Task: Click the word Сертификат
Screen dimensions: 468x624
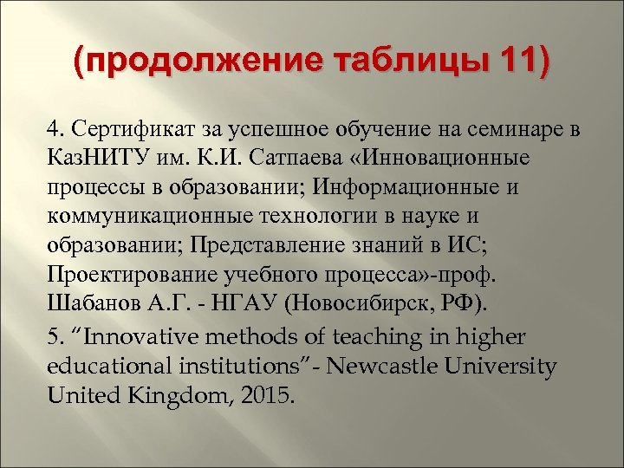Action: [x=127, y=131]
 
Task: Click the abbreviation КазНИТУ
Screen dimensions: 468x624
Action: [x=96, y=159]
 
